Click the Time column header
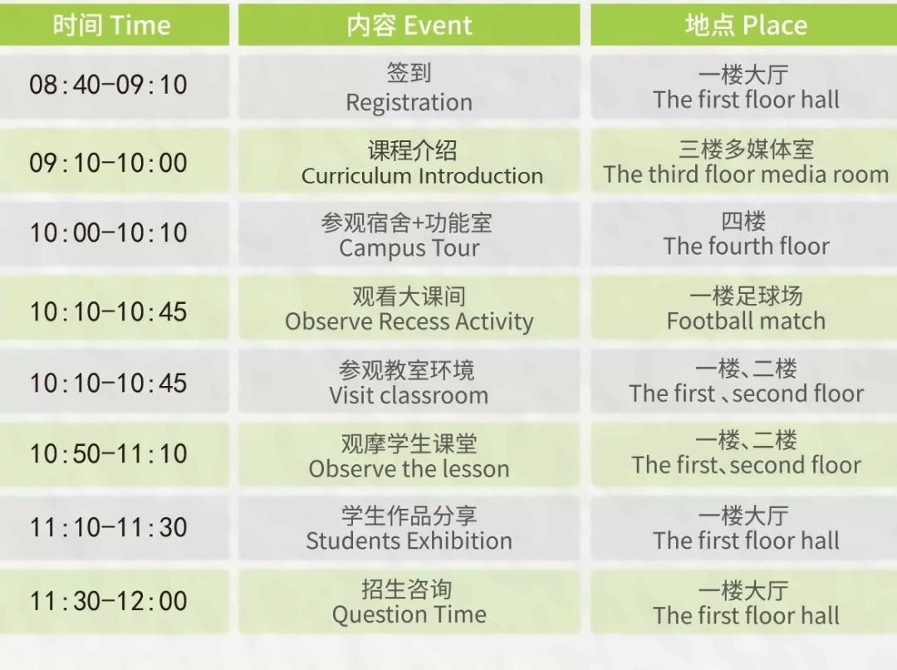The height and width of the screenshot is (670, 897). coord(114,25)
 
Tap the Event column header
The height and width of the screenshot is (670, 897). coord(409,25)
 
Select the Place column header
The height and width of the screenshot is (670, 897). coord(743,25)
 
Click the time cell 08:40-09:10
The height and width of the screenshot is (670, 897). coord(108,86)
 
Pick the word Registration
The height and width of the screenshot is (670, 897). coord(409,103)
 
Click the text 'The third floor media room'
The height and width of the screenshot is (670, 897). coord(746,174)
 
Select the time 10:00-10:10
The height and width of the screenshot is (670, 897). coord(108,233)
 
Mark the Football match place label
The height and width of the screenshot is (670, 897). coord(746,320)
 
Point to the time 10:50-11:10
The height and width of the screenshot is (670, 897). coord(108,454)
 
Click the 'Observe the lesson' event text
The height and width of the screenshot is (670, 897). coord(409,469)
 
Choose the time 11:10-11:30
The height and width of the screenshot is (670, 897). coord(108,527)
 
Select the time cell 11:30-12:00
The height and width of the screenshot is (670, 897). coord(108,601)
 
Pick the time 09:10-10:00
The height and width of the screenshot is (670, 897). coord(108,163)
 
